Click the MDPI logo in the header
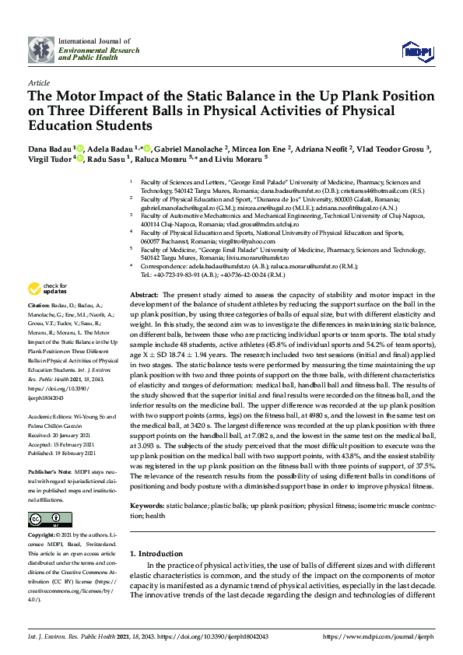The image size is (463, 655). click(x=417, y=51)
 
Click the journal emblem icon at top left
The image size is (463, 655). click(x=41, y=50)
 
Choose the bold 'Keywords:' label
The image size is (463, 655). click(x=146, y=484)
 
